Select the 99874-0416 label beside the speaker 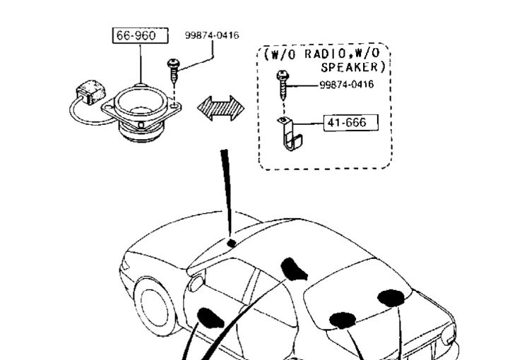(x=212, y=35)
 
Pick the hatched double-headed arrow (x=220, y=108)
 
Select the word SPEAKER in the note (x=353, y=68)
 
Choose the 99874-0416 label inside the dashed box (x=346, y=85)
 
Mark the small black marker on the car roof (x=231, y=244)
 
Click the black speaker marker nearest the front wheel (x=211, y=318)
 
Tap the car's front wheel (x=156, y=306)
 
